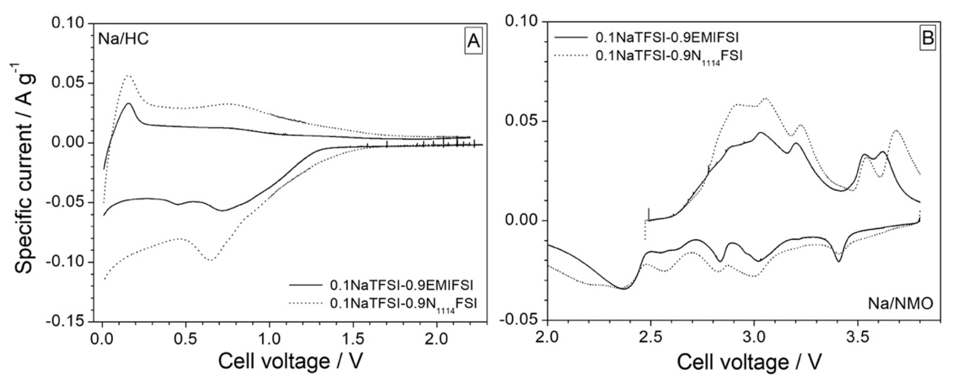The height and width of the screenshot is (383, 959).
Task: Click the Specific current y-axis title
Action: point(26,173)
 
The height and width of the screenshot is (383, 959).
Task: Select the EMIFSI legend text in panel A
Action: point(401,286)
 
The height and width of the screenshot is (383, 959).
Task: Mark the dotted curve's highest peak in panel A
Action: point(129,75)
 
